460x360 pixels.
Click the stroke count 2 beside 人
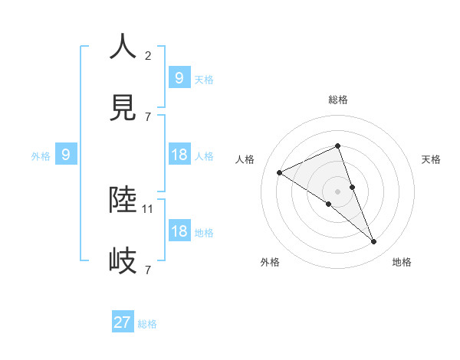click(x=148, y=56)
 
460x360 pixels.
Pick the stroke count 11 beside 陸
click(x=149, y=208)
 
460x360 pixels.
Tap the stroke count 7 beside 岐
click(x=148, y=270)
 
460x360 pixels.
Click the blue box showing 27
click(x=123, y=322)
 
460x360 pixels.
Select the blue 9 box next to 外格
click(x=66, y=155)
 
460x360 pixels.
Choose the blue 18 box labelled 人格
click(x=179, y=155)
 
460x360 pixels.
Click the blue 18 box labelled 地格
click(x=179, y=231)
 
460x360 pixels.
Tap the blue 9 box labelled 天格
click(x=179, y=77)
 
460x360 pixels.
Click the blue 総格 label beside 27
click(x=147, y=324)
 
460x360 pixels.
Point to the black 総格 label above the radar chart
click(x=337, y=100)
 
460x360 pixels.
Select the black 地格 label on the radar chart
click(x=402, y=262)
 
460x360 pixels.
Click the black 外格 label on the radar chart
click(x=270, y=262)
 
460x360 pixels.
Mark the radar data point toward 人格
click(x=280, y=172)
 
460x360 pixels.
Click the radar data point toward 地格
click(x=374, y=242)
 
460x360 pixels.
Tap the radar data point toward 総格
click(x=337, y=146)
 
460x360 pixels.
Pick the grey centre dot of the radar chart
click(x=337, y=191)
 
